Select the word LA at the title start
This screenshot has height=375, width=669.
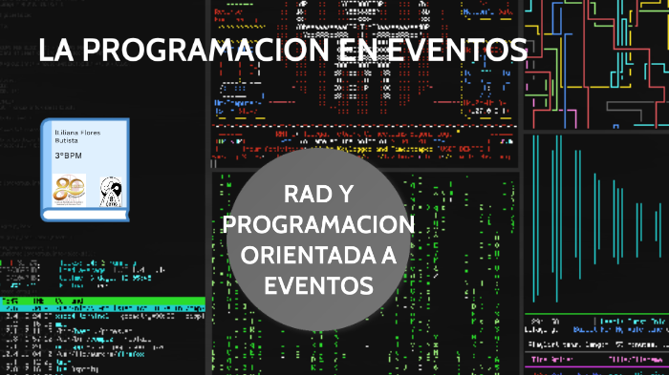point(56,50)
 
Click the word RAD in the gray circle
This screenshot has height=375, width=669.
point(307,196)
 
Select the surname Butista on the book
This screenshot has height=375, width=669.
point(67,139)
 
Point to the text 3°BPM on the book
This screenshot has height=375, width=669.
point(70,155)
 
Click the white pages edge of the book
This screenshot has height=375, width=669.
point(86,212)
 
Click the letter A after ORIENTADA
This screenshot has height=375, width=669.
point(398,255)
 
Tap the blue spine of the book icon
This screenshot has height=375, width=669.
point(46,167)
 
